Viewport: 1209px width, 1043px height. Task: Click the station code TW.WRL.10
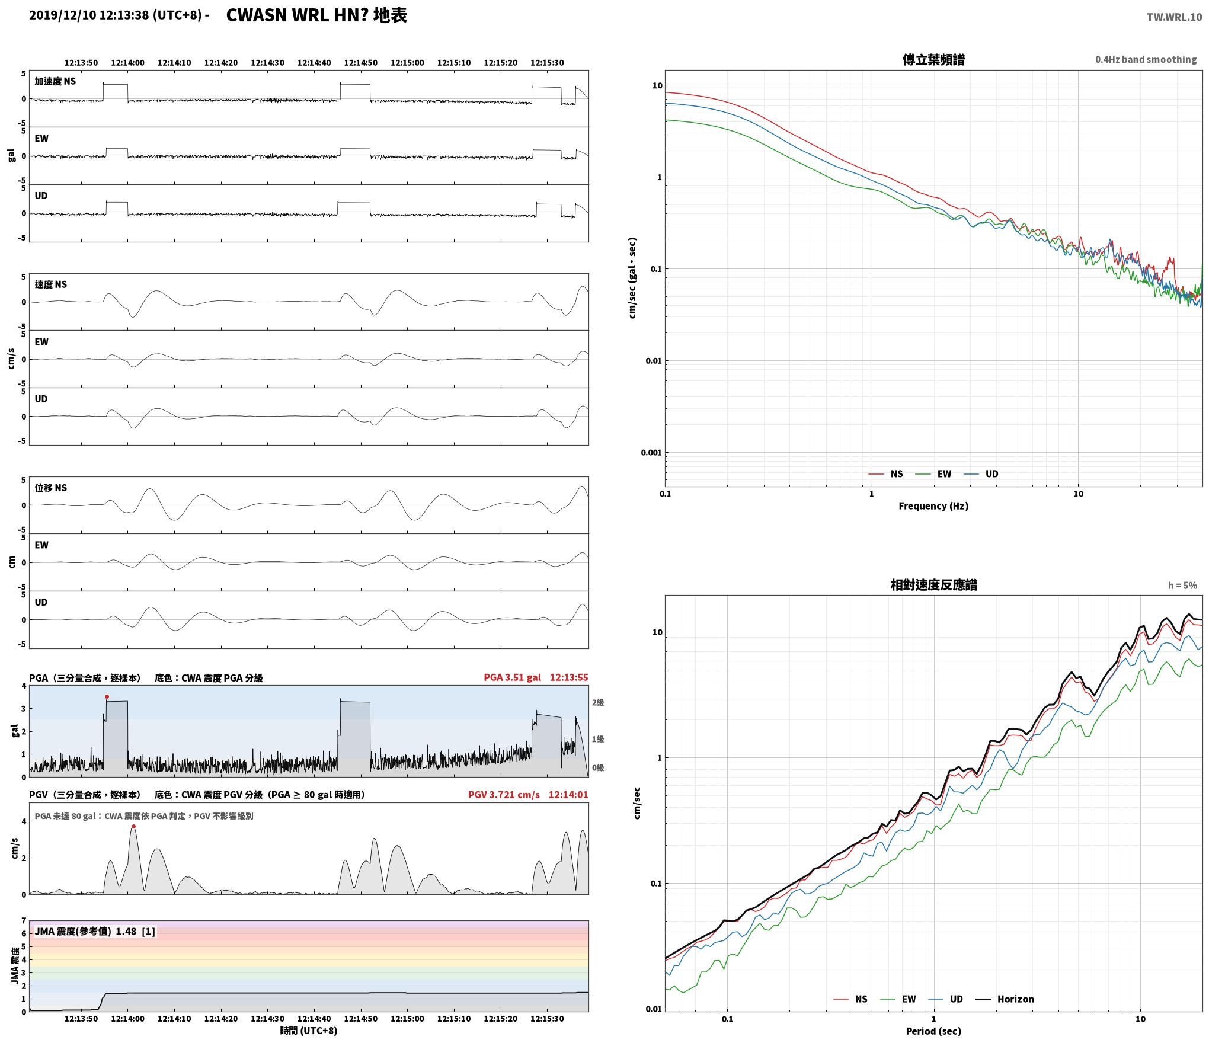coord(1174,17)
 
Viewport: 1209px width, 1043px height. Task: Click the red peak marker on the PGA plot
coord(107,696)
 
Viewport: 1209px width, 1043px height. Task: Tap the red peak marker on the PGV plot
coord(133,826)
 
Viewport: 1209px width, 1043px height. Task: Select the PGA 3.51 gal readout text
coord(512,677)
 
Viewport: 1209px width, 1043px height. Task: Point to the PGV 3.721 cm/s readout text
coord(504,795)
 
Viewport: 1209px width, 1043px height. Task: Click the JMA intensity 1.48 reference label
coord(95,932)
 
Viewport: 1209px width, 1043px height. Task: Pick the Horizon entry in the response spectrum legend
coord(1015,999)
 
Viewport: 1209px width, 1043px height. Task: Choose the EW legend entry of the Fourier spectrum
coord(944,474)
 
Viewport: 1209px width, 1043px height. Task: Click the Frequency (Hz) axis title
coord(933,506)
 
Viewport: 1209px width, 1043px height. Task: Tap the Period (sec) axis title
coord(933,1031)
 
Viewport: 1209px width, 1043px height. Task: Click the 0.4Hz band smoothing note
coord(1146,60)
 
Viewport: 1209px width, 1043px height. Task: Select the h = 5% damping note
coord(1182,586)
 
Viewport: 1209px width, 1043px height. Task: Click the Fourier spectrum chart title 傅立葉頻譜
coord(933,60)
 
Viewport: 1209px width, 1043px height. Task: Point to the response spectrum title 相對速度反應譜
coord(933,585)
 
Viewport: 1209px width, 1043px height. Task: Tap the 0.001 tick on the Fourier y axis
coord(651,453)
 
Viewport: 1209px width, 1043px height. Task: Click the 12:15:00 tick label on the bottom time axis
coord(407,1019)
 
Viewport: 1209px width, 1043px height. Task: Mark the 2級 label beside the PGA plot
coord(597,703)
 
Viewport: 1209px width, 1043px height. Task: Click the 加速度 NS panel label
coord(55,81)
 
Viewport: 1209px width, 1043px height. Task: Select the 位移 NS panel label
coord(51,488)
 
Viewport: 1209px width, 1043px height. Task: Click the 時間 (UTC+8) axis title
coord(309,1031)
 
